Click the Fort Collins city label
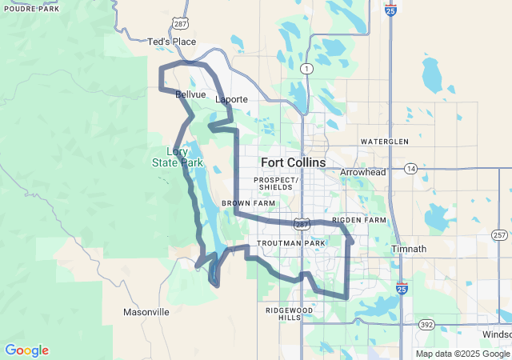293,162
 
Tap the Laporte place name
231,99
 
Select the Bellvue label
190,94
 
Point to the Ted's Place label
172,42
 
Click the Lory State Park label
178,157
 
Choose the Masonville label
146,311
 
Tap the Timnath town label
409,249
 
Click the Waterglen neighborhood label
384,142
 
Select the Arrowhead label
362,172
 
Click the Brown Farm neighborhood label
248,204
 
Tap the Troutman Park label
290,242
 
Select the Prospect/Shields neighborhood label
277,183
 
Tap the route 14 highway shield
410,169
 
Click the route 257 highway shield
500,235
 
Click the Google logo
26,350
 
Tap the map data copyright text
462,354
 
